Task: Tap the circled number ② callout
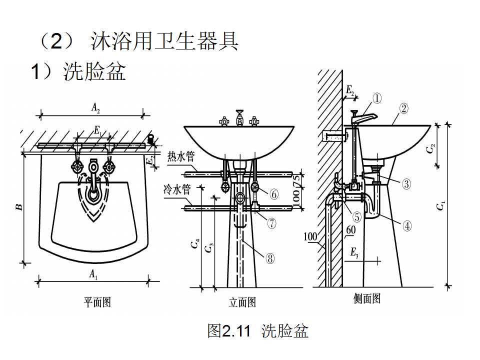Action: coord(404,107)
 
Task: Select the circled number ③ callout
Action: coord(406,184)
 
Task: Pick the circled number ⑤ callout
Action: coord(356,217)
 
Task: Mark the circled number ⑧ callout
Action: coord(270,258)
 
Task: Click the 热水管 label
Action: coord(180,157)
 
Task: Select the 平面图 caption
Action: coord(96,302)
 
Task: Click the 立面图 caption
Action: coord(242,302)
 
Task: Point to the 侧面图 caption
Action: coord(367,298)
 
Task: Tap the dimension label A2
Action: coord(95,106)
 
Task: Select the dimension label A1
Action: coord(93,273)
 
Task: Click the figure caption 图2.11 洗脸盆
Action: coord(257,331)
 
